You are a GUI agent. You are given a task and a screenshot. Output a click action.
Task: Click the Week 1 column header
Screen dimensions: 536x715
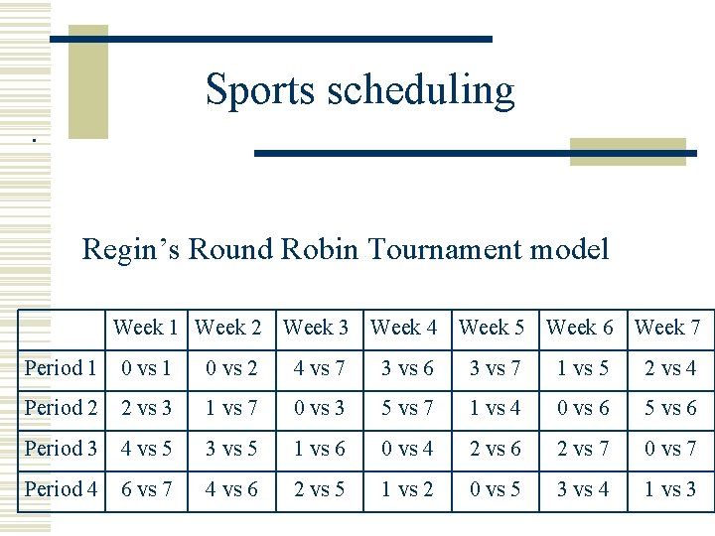(146, 327)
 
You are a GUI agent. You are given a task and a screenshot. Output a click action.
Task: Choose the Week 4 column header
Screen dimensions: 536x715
(404, 327)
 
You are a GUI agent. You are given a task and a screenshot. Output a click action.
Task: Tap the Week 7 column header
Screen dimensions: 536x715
(667, 327)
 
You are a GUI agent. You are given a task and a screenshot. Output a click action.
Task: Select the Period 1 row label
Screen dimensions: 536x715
(61, 368)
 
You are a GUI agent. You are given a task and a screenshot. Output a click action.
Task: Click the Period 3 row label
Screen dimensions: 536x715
(61, 449)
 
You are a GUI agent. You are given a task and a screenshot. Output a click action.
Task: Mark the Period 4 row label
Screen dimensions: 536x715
(61, 488)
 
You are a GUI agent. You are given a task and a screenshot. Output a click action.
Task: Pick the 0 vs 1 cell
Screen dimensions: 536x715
(146, 369)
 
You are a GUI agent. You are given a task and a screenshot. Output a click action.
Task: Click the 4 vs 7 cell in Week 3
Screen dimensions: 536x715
(319, 369)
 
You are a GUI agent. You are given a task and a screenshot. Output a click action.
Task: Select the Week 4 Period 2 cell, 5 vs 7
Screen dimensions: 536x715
(407, 409)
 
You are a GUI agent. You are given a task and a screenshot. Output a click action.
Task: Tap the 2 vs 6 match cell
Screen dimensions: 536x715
(495, 449)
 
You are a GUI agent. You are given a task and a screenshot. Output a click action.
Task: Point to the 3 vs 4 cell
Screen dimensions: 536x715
(583, 488)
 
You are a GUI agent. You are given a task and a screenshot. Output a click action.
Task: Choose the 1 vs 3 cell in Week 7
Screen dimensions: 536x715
(670, 488)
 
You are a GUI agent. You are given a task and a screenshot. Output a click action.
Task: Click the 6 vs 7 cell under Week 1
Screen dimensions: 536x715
(146, 488)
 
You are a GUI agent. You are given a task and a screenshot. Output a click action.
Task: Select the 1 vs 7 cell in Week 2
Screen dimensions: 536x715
(231, 409)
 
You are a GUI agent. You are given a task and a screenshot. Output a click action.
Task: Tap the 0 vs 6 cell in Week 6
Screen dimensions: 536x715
(583, 409)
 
